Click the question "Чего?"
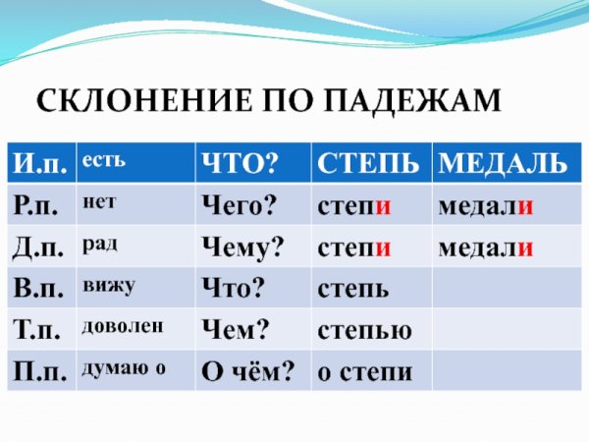pos(239,206)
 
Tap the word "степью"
pos(363,331)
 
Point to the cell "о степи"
pos(364,372)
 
